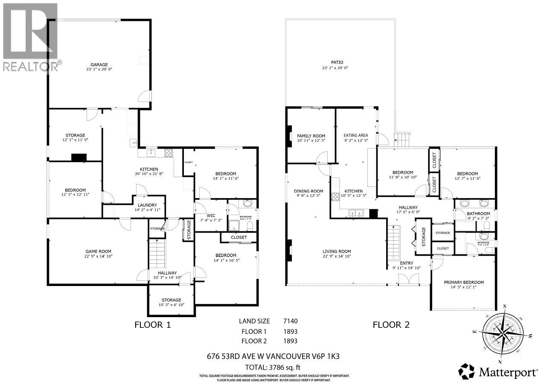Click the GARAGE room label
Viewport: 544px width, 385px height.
99,65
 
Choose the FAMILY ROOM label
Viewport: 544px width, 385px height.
311,136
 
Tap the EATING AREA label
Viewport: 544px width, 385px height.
356,136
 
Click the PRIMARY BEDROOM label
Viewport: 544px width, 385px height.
464,283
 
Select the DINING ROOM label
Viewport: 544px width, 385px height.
308,191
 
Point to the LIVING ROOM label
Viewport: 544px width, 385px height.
337,251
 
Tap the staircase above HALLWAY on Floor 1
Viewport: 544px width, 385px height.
157,254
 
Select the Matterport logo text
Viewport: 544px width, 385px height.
508,372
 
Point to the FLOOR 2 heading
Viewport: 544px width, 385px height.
391,325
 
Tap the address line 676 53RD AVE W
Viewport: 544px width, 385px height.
273,356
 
